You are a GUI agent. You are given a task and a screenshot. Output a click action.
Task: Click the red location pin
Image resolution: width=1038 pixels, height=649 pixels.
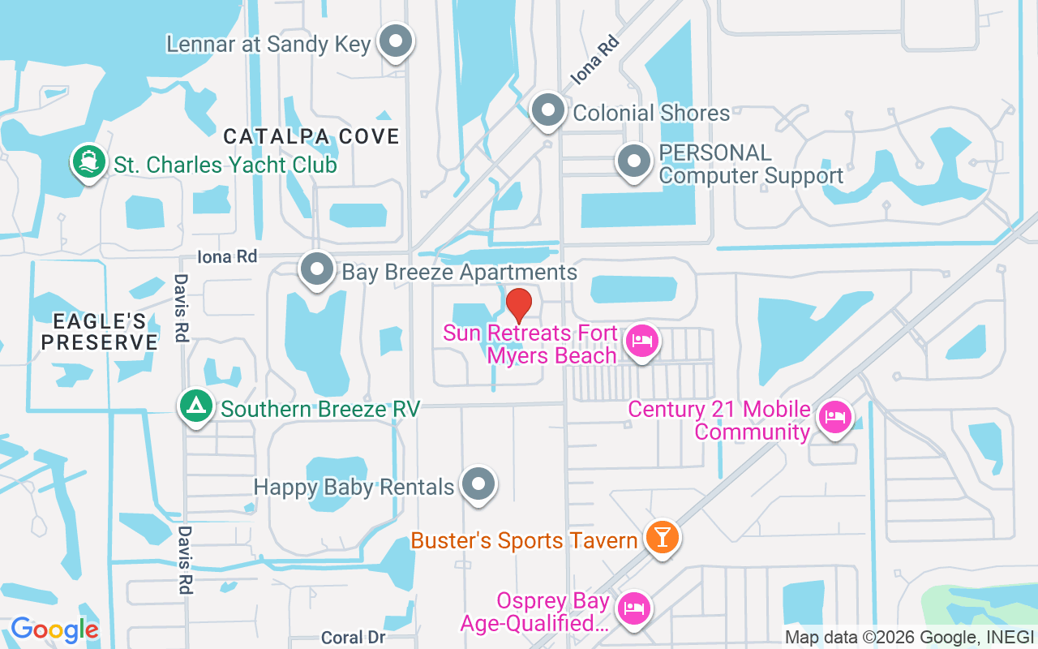tap(519, 306)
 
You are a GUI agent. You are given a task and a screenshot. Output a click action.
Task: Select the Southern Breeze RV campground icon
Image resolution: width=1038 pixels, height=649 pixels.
tap(195, 406)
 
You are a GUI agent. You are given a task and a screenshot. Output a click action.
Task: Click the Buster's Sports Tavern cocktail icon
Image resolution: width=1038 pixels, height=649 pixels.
tap(662, 537)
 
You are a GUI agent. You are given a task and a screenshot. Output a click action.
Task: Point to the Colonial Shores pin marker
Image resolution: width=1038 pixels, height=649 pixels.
tap(548, 110)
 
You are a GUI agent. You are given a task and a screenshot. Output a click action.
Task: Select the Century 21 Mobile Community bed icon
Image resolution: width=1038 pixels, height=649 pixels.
tap(834, 418)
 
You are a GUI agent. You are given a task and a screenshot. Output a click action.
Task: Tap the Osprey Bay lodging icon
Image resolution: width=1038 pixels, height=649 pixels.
tap(633, 608)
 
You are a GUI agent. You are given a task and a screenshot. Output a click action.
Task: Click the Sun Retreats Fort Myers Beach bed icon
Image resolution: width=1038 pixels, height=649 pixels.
tap(642, 341)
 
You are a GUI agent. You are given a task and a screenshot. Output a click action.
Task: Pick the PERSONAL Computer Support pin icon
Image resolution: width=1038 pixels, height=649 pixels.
tap(634, 161)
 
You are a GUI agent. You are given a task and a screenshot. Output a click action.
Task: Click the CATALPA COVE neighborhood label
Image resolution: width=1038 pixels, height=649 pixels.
tap(311, 135)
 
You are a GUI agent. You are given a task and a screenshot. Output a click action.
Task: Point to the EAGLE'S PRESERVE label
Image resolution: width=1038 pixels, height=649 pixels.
tap(99, 332)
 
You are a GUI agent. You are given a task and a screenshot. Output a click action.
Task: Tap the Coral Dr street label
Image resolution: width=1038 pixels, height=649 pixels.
tap(353, 638)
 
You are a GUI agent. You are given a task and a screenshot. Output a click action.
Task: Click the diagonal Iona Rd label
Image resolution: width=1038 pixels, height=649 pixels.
tap(594, 60)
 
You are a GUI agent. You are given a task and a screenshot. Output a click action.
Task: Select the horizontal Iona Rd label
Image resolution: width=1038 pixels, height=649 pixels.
tap(227, 256)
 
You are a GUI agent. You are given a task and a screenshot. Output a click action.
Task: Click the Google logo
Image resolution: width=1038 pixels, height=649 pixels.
tap(54, 629)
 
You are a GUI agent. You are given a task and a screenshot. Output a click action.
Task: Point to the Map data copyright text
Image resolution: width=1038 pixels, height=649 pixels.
tap(909, 637)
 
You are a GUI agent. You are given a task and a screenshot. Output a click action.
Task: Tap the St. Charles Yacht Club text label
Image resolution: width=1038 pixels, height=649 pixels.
tap(225, 165)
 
